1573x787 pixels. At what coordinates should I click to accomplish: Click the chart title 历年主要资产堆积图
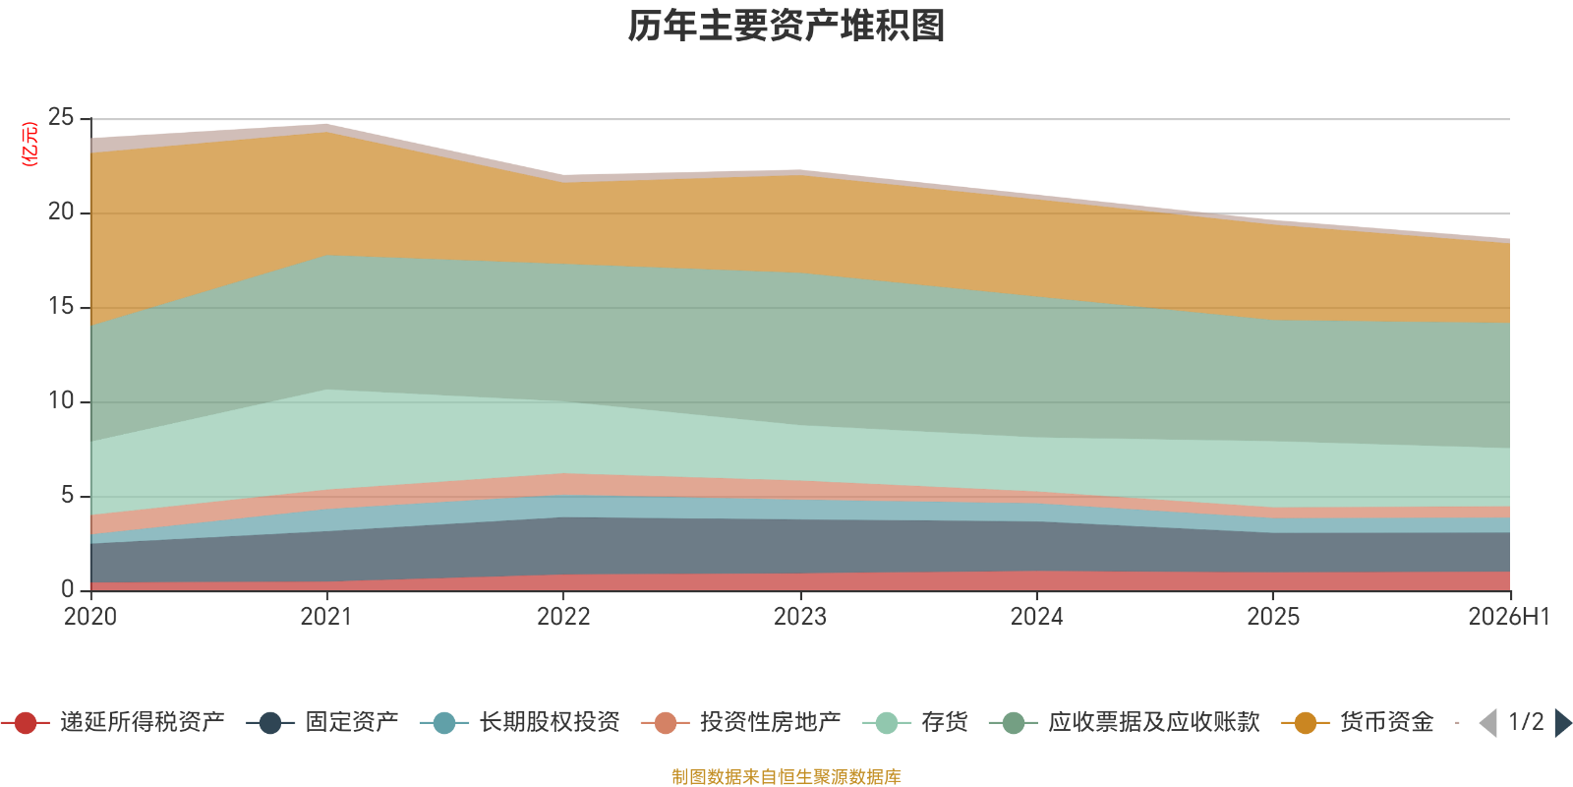tap(786, 26)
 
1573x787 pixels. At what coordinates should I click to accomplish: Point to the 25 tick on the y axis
tap(61, 117)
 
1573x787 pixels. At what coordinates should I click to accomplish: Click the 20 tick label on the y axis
tap(61, 212)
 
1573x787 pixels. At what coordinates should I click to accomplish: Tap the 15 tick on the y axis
tap(61, 306)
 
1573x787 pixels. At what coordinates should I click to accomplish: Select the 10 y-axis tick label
tap(61, 400)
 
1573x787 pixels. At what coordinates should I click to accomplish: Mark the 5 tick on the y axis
tap(68, 496)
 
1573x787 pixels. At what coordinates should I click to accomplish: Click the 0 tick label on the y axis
tap(68, 589)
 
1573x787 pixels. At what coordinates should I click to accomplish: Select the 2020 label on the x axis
tap(90, 616)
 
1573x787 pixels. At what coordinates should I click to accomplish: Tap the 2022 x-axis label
tap(563, 616)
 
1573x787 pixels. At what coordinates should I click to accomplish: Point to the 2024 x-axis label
tap(1036, 616)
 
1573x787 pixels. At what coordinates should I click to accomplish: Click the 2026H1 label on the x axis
tap(1509, 616)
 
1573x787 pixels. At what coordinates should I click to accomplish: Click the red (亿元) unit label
tap(29, 144)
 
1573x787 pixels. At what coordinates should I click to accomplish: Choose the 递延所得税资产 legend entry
tap(113, 722)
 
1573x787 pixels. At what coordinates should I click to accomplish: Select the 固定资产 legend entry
tap(322, 722)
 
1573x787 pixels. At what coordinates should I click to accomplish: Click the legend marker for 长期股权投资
tap(443, 722)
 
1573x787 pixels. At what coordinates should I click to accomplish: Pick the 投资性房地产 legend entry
tap(741, 722)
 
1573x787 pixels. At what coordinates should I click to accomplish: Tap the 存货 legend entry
tap(915, 722)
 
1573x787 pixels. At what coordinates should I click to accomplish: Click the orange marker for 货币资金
tap(1306, 722)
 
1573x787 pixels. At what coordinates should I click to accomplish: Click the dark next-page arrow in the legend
tap(1563, 722)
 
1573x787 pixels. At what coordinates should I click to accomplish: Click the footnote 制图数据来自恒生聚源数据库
tap(786, 776)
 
